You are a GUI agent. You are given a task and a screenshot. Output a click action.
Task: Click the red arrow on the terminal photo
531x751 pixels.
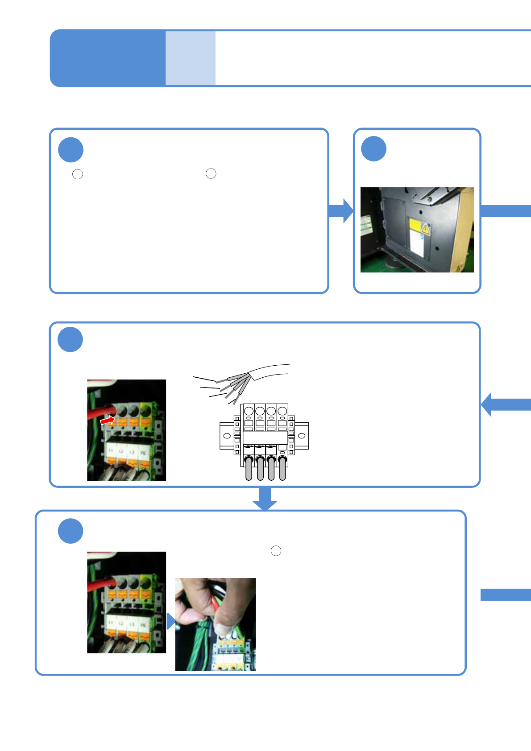(x=107, y=421)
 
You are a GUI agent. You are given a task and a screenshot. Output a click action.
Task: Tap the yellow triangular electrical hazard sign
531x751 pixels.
(x=426, y=229)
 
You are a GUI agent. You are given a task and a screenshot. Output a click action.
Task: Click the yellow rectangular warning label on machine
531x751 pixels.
(x=415, y=226)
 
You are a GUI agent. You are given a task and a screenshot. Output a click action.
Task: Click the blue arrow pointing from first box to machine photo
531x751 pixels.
(x=341, y=210)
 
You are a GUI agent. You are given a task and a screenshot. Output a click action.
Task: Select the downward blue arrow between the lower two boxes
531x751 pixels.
(x=265, y=499)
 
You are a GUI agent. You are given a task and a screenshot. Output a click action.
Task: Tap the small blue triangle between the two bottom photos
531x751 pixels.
(x=170, y=621)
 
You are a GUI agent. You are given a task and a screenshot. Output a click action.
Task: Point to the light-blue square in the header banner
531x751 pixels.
(x=191, y=58)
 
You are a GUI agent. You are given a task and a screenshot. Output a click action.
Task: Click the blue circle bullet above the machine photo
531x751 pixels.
(x=373, y=149)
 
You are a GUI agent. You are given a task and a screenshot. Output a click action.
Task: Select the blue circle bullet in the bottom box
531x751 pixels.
(x=71, y=531)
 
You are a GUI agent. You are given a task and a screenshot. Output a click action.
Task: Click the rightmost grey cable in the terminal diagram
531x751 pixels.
(x=282, y=469)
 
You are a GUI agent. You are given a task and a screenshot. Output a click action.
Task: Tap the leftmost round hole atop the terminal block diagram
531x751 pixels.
(x=249, y=411)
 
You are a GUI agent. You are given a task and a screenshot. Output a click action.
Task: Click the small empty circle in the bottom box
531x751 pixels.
(x=276, y=551)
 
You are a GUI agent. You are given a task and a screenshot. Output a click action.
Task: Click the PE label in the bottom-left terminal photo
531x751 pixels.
(x=143, y=625)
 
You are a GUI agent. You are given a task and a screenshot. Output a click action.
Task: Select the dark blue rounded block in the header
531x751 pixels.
(x=108, y=58)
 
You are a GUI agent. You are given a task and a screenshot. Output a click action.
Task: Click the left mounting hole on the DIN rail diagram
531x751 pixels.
(x=227, y=435)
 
